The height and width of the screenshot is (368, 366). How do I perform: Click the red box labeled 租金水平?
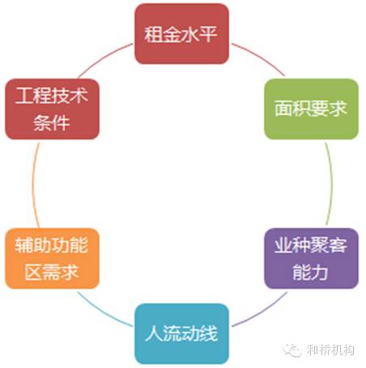pos(181,34)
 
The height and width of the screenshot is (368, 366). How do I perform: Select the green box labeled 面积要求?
pos(311,109)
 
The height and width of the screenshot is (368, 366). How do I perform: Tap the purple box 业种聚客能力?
pos(311,259)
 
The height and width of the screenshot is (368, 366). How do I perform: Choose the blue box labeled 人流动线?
pos(181,334)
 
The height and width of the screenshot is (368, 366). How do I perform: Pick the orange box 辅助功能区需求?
pos(52,259)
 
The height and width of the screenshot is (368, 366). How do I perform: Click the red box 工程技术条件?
pos(52,109)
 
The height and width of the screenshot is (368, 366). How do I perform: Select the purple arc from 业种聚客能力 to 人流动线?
pos(262,312)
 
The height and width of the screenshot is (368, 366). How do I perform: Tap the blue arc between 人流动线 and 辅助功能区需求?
pos(103,311)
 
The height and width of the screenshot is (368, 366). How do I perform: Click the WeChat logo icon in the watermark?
pos(292,350)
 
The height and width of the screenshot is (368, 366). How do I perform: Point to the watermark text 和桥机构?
pos(330,350)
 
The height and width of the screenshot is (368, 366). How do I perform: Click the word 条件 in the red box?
pos(52,123)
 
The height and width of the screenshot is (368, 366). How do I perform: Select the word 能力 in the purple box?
pos(310,272)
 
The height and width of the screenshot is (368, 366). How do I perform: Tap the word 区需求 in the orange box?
pos(52,272)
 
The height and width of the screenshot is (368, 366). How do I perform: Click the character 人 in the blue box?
pos(155,334)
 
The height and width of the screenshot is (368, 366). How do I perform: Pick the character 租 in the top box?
pos(153,34)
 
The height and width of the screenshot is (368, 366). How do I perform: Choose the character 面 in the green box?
pos(283,109)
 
